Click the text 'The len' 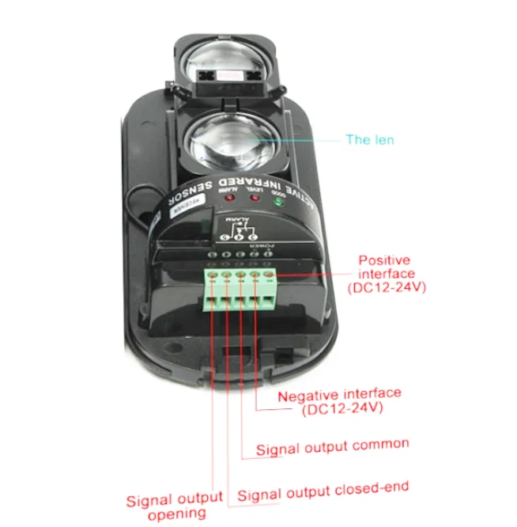369,140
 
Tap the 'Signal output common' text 332,446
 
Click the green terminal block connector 243,289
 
